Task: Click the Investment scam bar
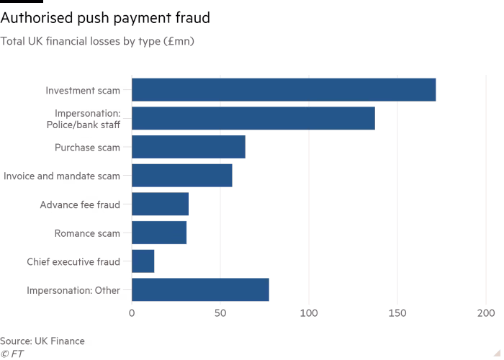click(x=284, y=90)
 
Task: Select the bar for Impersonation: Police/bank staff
click(x=253, y=118)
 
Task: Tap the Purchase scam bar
click(x=189, y=147)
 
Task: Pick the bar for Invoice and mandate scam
click(x=182, y=176)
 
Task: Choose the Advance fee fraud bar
click(x=160, y=204)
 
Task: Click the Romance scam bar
click(x=159, y=233)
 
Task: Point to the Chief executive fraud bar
click(x=143, y=261)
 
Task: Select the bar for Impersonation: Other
click(x=200, y=290)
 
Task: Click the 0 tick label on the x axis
click(x=132, y=314)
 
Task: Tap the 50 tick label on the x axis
click(x=220, y=314)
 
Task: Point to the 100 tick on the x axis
click(x=309, y=314)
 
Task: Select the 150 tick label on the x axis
click(x=397, y=314)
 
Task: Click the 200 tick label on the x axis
click(x=485, y=314)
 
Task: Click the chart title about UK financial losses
click(x=98, y=42)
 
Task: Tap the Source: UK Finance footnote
click(x=42, y=340)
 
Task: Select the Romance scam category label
click(x=87, y=233)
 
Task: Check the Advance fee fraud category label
click(x=79, y=204)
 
